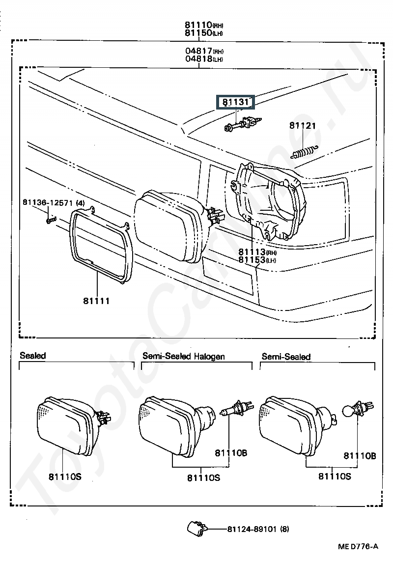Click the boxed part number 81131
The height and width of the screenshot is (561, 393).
point(235,102)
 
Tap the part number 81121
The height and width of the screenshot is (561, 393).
point(303,126)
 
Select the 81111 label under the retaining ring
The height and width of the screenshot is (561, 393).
point(96,301)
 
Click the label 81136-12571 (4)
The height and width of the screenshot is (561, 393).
point(54,203)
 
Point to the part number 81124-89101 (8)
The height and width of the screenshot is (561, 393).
point(258,529)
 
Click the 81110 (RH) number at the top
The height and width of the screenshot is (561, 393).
point(204,25)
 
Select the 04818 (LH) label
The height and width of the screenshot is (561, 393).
point(204,59)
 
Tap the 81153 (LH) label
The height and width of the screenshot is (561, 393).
point(257,260)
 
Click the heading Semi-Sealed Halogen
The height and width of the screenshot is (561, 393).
point(184,356)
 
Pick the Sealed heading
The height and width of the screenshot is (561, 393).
point(33,355)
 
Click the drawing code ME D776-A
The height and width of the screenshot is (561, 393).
point(358,546)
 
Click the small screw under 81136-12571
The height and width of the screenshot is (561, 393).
point(51,219)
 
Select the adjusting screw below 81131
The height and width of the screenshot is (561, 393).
point(243,124)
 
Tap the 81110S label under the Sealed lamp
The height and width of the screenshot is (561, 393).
point(65,477)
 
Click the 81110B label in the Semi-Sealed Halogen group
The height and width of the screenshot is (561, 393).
point(231,453)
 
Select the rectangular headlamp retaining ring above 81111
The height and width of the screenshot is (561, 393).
point(101,246)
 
